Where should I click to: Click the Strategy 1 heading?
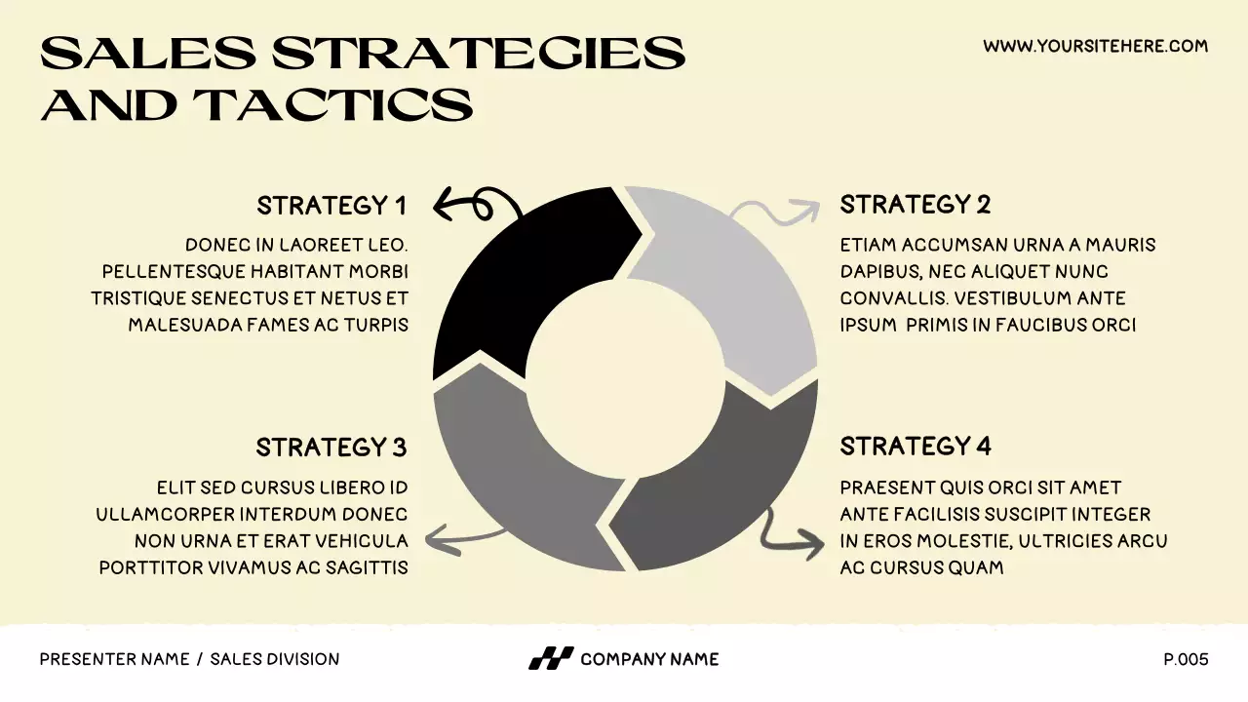(x=331, y=206)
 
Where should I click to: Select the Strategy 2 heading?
(x=916, y=205)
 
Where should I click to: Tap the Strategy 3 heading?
(x=331, y=448)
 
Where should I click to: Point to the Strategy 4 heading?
(x=916, y=447)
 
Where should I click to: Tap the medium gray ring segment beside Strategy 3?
(x=517, y=478)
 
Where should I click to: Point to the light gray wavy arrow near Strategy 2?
(x=775, y=211)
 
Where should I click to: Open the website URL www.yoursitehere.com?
(x=1095, y=46)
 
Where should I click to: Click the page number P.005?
(x=1186, y=659)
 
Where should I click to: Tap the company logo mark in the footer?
(x=550, y=659)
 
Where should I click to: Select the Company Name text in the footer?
(x=649, y=659)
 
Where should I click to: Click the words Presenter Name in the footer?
(x=114, y=659)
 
